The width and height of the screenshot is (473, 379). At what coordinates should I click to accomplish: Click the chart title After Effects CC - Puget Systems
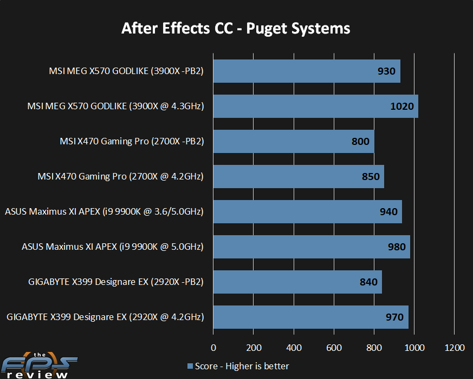(x=236, y=28)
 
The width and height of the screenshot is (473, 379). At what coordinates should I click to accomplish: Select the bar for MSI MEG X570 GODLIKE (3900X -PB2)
(x=306, y=71)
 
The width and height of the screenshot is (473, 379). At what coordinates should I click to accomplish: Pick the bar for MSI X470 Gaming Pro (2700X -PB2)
(x=293, y=142)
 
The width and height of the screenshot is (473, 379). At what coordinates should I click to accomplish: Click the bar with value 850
(x=298, y=177)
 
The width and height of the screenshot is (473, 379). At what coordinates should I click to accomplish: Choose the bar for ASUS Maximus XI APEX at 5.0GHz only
(x=311, y=247)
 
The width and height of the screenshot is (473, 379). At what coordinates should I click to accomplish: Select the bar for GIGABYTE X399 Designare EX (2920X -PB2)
(x=297, y=282)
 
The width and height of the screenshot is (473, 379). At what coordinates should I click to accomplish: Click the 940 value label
(x=388, y=212)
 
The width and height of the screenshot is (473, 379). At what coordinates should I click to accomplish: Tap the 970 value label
(x=394, y=317)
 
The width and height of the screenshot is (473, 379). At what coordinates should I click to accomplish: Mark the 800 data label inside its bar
(x=360, y=142)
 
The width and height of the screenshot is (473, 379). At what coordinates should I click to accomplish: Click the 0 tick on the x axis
(x=213, y=347)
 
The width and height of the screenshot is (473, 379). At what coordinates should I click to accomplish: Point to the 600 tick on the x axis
(x=334, y=347)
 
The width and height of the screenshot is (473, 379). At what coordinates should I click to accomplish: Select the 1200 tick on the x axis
(x=454, y=347)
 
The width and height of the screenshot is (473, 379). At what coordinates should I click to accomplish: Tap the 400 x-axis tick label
(x=294, y=347)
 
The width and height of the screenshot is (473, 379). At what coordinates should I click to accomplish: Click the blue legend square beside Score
(x=190, y=367)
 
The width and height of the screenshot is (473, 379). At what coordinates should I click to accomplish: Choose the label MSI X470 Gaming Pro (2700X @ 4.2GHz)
(x=120, y=177)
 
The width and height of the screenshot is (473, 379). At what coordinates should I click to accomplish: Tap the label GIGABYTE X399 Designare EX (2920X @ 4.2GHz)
(x=105, y=317)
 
